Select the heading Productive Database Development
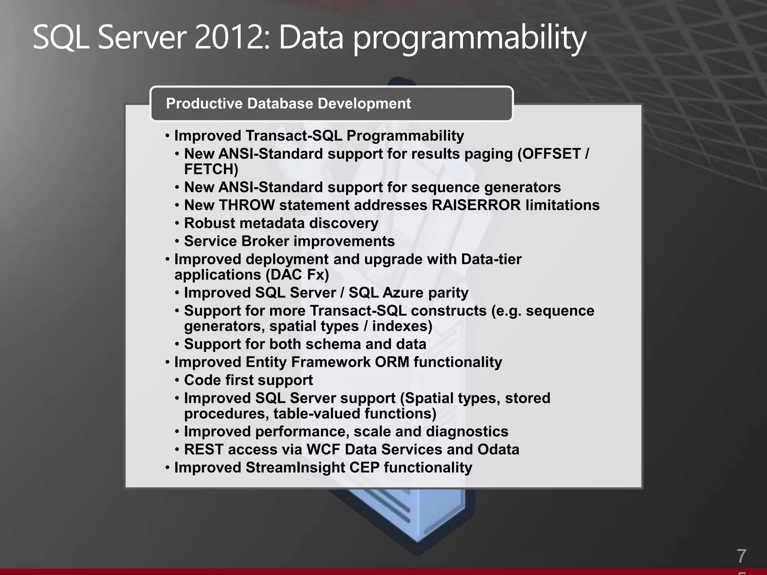[x=288, y=103]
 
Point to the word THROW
[x=247, y=205]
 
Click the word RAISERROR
[x=476, y=205]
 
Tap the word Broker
[x=266, y=241]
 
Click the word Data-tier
[x=491, y=259]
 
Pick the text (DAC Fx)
[x=297, y=275]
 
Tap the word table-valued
[x=316, y=414]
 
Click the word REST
[x=204, y=450]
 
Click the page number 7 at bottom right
[x=741, y=556]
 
